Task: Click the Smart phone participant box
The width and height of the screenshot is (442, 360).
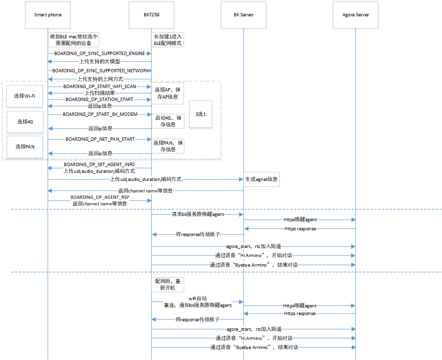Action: coord(48,15)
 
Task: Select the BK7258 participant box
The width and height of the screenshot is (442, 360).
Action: coord(151,15)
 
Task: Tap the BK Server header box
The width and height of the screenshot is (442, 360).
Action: coord(244,15)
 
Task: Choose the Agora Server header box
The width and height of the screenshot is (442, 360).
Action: coord(355,15)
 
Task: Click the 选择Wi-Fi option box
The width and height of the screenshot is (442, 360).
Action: coord(24,96)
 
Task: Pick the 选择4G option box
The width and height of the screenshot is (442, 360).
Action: coord(24,122)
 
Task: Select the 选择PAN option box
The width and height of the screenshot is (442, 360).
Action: coord(24,146)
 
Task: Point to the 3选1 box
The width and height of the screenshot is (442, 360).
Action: coord(200,114)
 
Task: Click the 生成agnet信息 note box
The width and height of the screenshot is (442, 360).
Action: coord(261,180)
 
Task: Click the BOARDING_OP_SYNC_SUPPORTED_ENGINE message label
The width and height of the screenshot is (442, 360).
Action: coord(100,54)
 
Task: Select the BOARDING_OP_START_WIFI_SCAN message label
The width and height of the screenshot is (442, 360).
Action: coord(100,87)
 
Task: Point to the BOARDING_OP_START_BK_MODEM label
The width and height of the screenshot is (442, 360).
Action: coord(100,114)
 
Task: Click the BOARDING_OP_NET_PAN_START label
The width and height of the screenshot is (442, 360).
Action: coord(100,139)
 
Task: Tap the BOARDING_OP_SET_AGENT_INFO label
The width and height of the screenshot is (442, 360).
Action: coord(100,164)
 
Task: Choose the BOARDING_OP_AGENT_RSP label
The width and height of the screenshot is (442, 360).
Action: coord(100,197)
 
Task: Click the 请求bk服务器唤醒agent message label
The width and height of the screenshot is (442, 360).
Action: coord(198,214)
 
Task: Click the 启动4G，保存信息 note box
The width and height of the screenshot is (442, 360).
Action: coord(168,121)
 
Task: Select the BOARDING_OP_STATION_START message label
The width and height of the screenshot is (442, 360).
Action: coord(100,100)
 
